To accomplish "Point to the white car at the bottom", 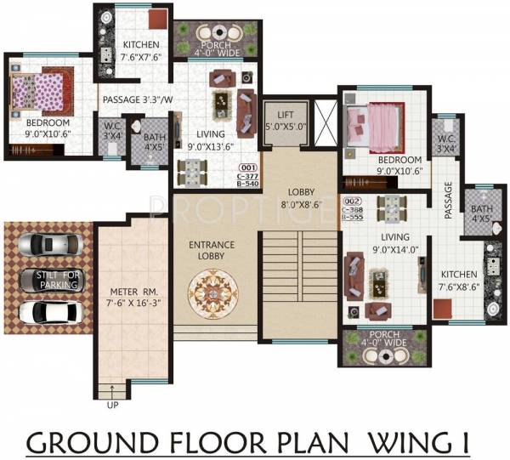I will click(45, 312).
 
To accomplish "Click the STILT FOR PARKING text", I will click(57, 279).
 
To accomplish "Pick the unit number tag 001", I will click(248, 168).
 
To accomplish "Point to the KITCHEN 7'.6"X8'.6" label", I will click(459, 281).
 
